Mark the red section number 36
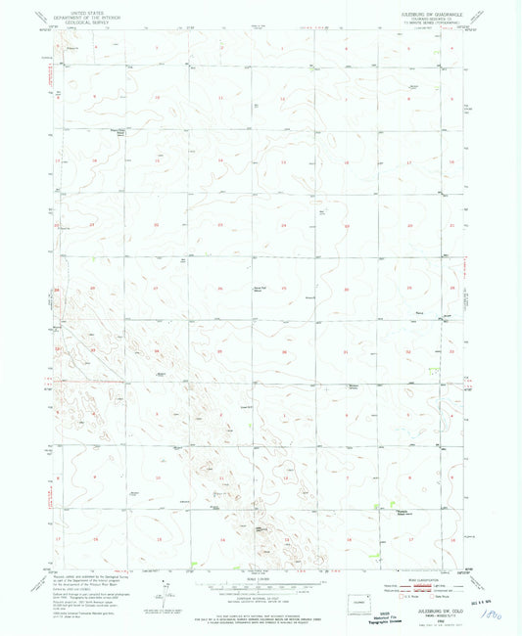pos(284,351)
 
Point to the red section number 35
pos(221,351)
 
